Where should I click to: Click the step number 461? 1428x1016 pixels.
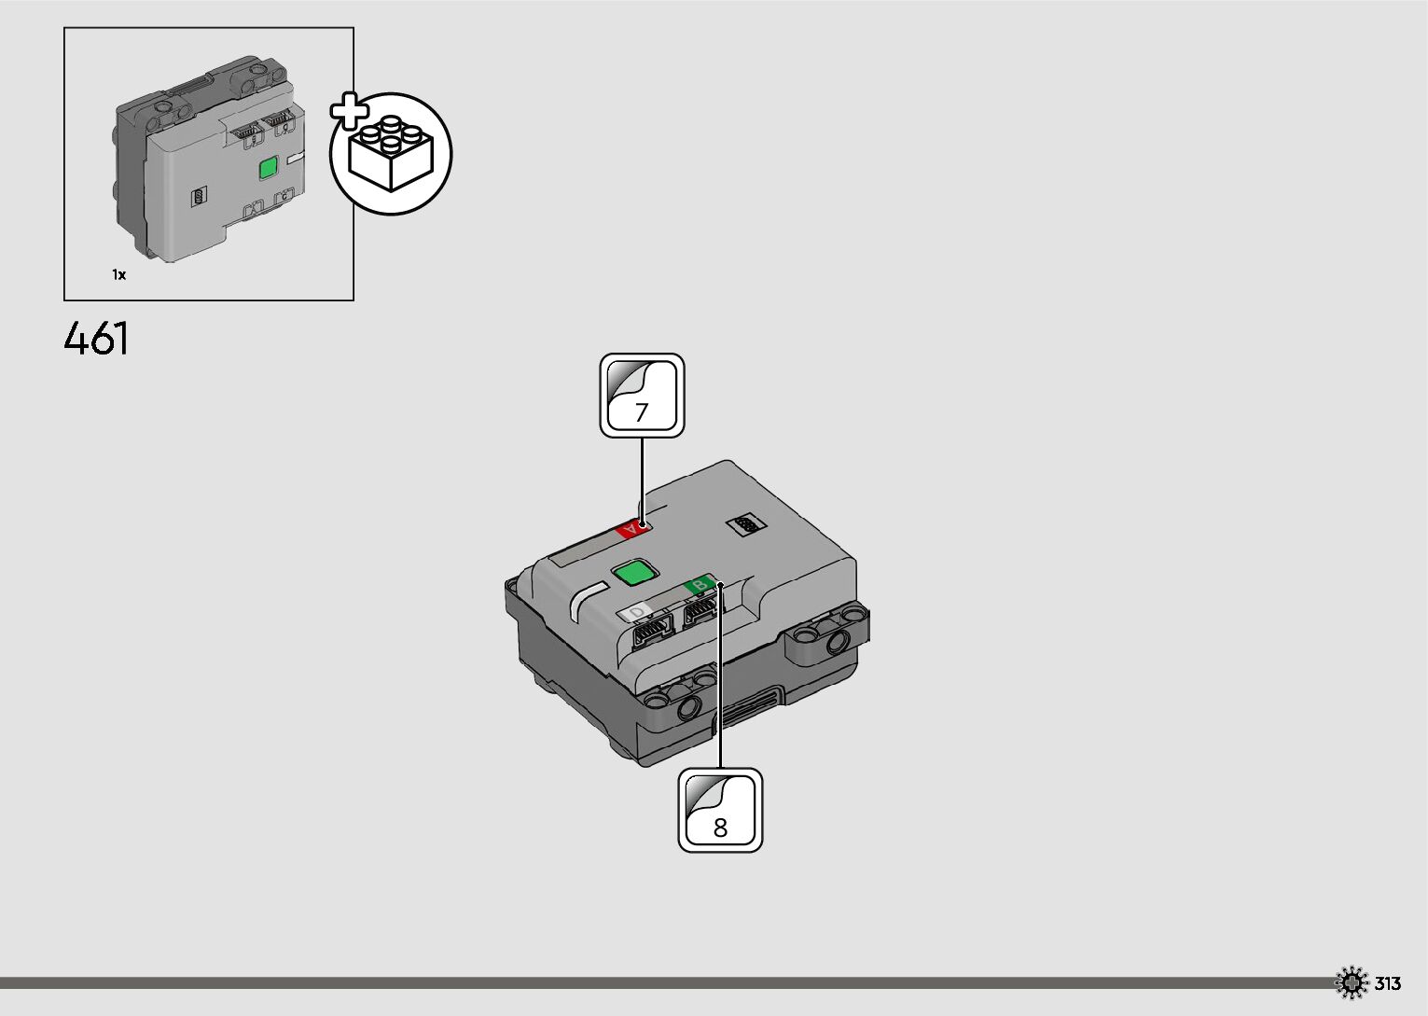pyautogui.click(x=97, y=339)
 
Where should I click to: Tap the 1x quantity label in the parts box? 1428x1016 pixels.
pyautogui.click(x=119, y=275)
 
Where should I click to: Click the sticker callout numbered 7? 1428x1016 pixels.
pyautogui.click(x=642, y=396)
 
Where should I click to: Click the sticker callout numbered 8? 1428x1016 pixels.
pyautogui.click(x=720, y=810)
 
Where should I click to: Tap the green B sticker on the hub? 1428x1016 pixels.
pyautogui.click(x=700, y=585)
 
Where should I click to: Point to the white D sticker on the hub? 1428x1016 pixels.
pyautogui.click(x=638, y=612)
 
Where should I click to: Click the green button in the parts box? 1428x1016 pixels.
pyautogui.click(x=269, y=169)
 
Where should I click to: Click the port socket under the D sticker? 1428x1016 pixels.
pyautogui.click(x=652, y=632)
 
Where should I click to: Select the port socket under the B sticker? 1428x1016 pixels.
pyautogui.click(x=700, y=611)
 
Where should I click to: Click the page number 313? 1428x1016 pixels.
pyautogui.click(x=1388, y=983)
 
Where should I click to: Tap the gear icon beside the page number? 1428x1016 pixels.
pyautogui.click(x=1351, y=983)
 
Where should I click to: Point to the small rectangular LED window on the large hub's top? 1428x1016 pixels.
pyautogui.click(x=745, y=526)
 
